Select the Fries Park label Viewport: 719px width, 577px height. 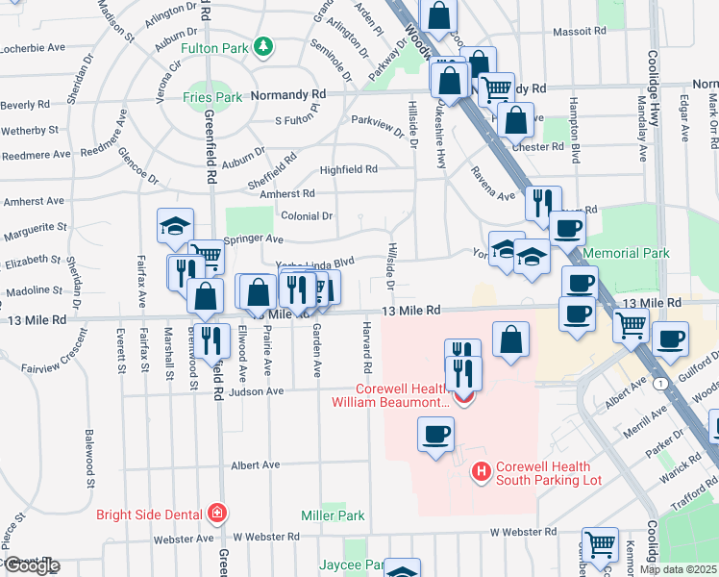point(212,97)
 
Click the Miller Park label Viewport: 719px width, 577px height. point(332,515)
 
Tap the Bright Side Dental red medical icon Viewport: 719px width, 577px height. point(218,513)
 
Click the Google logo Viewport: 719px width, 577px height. point(31,565)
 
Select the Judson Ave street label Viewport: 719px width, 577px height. point(257,391)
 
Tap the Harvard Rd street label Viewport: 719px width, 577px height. point(366,348)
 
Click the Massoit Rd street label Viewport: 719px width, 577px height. point(585,31)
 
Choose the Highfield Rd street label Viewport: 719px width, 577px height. point(348,169)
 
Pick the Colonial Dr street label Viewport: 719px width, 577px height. point(307,216)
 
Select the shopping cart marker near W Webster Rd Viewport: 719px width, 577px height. point(601,544)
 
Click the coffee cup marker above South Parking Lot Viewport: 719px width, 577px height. point(434,435)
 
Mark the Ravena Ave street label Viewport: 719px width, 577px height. point(492,187)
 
